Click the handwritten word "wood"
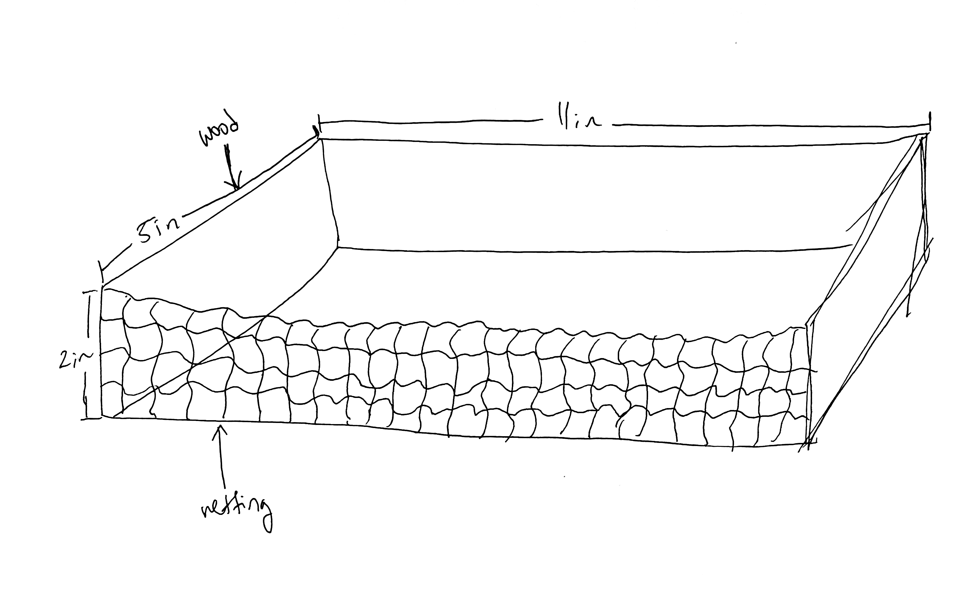point(219,133)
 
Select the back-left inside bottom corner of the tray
point(338,248)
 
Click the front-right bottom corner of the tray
point(808,443)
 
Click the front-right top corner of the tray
point(807,325)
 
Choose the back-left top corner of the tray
point(319,138)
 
